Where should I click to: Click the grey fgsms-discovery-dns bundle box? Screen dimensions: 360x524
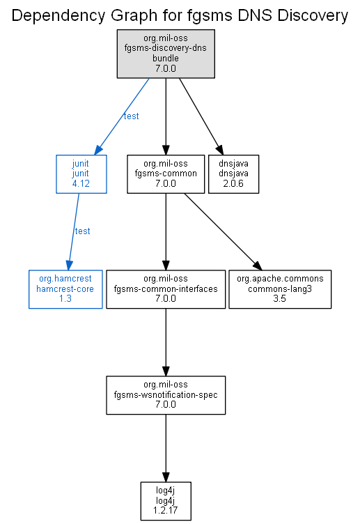pos(166,54)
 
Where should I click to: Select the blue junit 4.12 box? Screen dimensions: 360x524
pos(81,174)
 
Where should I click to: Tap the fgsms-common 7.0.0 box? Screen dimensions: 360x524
pos(166,174)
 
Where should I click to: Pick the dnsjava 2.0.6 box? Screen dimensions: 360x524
pos(233,174)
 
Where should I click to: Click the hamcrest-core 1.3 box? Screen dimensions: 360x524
pos(65,289)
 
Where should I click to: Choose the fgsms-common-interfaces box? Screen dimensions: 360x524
pos(166,289)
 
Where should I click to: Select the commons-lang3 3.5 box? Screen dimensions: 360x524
pos(280,289)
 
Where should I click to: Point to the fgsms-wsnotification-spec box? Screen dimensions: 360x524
pos(166,395)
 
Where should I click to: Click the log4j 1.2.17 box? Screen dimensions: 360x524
pos(166,501)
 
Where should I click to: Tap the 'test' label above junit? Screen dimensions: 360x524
pos(131,116)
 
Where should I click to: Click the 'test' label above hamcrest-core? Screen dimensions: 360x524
pos(82,231)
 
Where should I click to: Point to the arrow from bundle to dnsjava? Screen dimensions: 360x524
pos(201,116)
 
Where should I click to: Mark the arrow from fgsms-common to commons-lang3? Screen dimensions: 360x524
pos(223,231)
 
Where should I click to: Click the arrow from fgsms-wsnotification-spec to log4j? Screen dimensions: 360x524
pos(166,448)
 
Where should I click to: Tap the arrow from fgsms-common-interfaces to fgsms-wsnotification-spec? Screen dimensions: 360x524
pos(166,342)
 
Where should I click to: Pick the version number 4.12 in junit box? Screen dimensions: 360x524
pos(81,183)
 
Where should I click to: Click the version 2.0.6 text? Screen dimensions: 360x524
pos(233,183)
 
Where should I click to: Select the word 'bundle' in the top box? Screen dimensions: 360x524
pos(166,58)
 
